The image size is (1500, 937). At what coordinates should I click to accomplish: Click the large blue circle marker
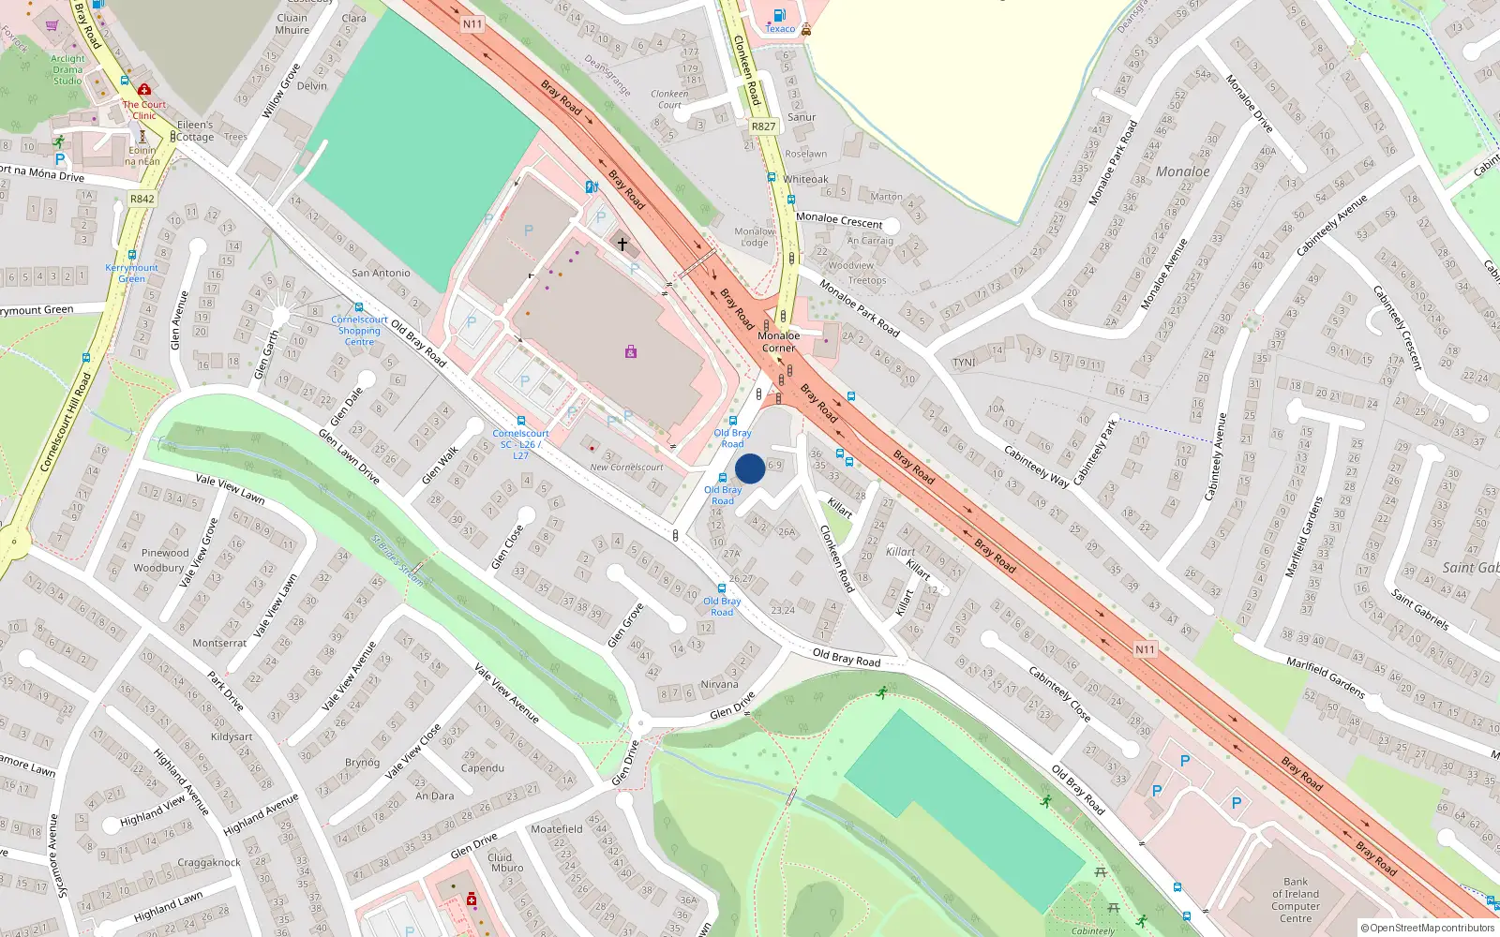click(750, 468)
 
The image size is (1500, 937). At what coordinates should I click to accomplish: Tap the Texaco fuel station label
click(780, 29)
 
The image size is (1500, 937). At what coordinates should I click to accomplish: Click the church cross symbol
click(622, 245)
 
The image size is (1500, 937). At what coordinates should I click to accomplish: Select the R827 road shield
click(763, 126)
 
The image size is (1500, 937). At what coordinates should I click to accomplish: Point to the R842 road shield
click(142, 199)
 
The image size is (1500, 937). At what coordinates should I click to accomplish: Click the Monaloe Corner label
click(778, 341)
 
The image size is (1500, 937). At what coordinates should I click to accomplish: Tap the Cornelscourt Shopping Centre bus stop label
click(359, 331)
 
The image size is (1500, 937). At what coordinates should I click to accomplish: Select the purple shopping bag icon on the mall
click(631, 351)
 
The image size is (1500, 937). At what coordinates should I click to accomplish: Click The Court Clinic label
click(144, 110)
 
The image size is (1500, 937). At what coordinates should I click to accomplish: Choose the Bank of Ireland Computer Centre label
click(1296, 900)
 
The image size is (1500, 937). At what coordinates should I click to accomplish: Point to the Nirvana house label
click(719, 684)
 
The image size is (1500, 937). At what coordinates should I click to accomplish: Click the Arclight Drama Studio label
click(67, 69)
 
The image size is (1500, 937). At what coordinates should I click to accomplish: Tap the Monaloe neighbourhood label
click(1182, 171)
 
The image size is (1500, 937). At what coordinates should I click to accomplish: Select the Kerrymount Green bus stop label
click(131, 273)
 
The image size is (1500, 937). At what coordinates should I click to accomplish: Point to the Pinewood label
click(165, 553)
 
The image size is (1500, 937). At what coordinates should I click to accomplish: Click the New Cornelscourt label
click(626, 467)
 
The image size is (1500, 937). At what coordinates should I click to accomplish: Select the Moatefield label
click(556, 829)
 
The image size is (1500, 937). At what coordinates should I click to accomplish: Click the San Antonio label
click(381, 273)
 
